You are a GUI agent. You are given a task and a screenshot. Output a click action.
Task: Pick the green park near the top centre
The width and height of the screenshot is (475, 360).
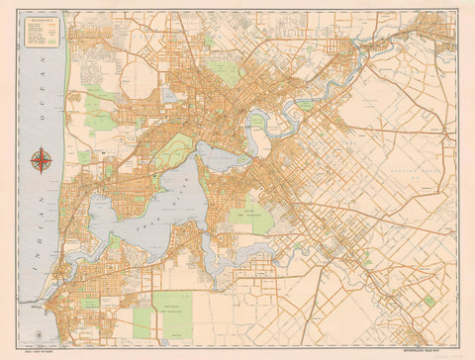226,72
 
